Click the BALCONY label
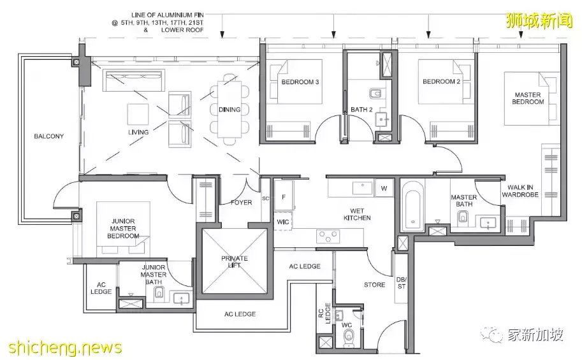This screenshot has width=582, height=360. pos(48,136)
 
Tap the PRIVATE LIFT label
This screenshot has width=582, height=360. pos(234,262)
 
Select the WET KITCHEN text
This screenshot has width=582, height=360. pos(357,214)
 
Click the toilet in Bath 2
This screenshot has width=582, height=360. pos(375,93)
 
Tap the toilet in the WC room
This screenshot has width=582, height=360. pos(349,338)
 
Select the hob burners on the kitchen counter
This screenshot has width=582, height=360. pos(328,236)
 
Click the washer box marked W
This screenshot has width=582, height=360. pos(384,188)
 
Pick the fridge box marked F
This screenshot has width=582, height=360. pos(284,197)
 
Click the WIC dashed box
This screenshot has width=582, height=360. pos(283,222)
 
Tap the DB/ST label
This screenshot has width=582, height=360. pos(402,283)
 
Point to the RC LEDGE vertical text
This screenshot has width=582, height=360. pos(324,313)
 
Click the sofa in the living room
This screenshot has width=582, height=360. pos(134,80)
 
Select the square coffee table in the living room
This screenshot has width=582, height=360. pos(138,114)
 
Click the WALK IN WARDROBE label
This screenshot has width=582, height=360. pos(520,191)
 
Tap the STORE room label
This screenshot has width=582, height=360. pos(375,285)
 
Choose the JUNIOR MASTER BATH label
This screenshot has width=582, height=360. pos(153,274)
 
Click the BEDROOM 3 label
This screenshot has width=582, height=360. pos(300,82)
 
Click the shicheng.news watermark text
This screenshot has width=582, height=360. pos(65,348)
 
